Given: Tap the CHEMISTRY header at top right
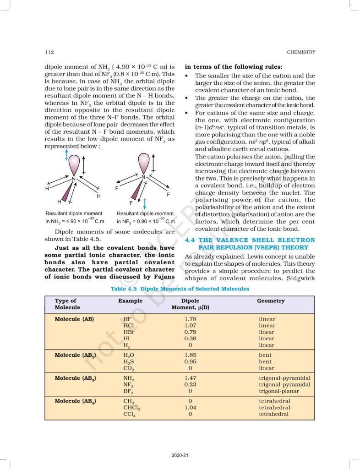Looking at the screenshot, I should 300,52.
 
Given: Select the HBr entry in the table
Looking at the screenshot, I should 129,332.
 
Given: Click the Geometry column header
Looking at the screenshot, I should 271,301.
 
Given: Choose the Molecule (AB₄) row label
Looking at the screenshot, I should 75,401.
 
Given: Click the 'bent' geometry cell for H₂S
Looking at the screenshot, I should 265,361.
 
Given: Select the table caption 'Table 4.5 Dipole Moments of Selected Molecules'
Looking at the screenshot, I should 180,289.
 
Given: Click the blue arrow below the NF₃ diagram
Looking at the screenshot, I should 145,203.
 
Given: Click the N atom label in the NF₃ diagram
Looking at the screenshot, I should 143,177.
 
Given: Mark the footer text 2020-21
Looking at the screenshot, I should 180,455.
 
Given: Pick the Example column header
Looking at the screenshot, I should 130,301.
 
